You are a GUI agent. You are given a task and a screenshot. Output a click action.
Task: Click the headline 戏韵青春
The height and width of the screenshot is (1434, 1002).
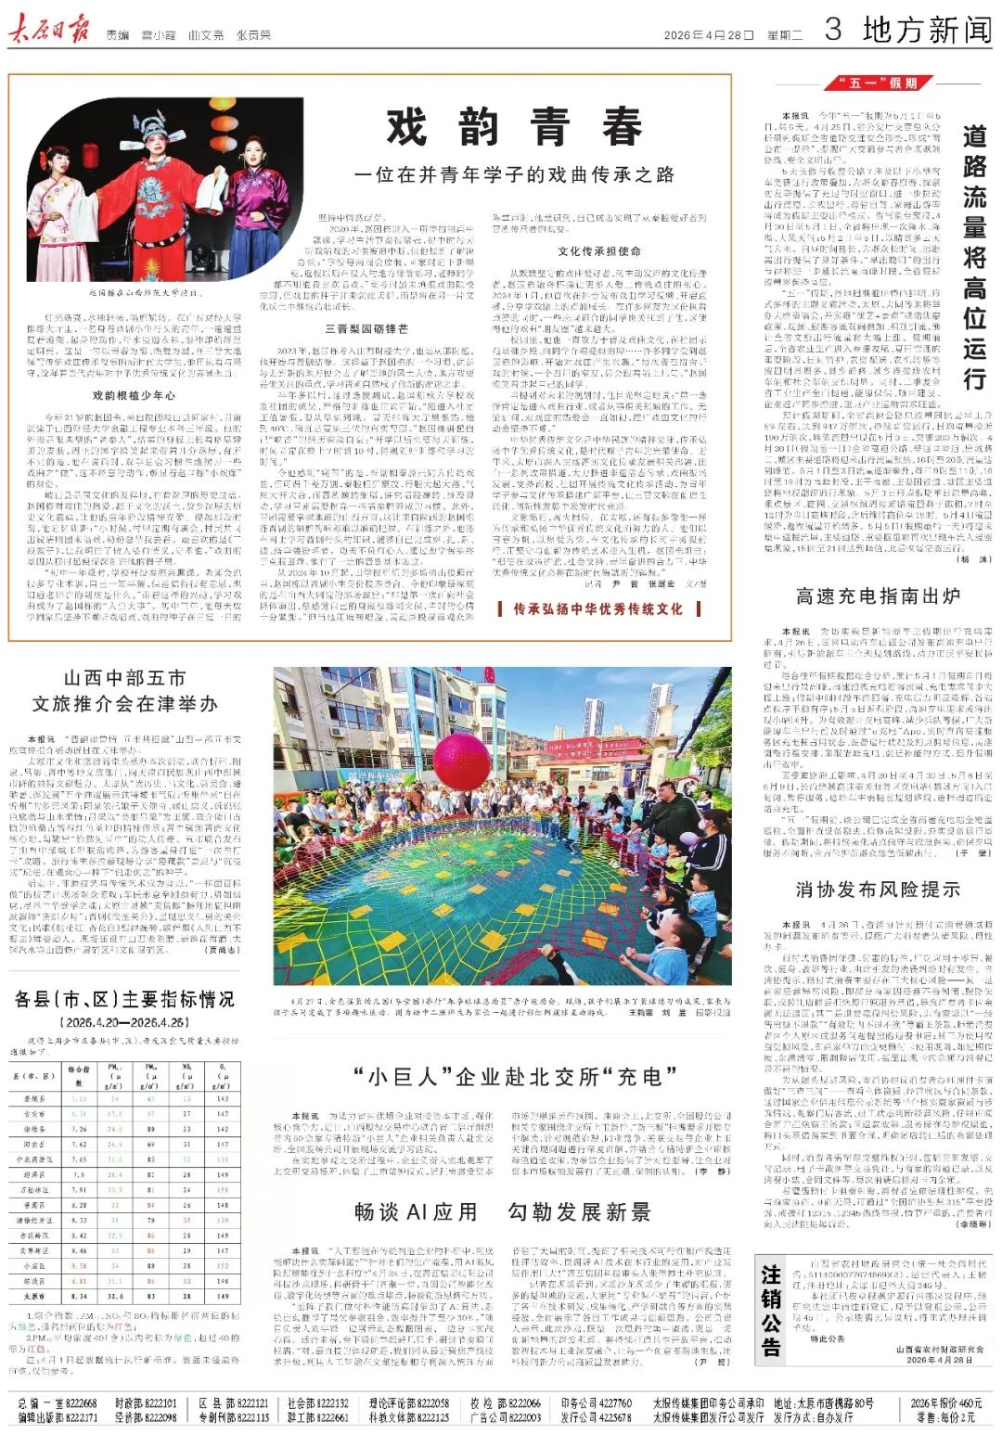pyautogui.click(x=514, y=126)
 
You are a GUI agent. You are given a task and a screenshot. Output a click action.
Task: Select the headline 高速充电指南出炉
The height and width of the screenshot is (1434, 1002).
pyautogui.click(x=877, y=595)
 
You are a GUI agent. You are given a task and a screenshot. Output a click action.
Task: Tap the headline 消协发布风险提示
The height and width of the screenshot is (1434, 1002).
pyautogui.click(x=877, y=890)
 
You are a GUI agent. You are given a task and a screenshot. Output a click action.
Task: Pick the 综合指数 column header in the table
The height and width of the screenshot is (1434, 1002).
pyautogui.click(x=79, y=1075)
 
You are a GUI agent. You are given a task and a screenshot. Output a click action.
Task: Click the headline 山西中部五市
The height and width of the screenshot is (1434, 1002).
pyautogui.click(x=124, y=678)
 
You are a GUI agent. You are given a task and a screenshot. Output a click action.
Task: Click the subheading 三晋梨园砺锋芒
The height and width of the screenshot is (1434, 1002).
pyautogui.click(x=366, y=328)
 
